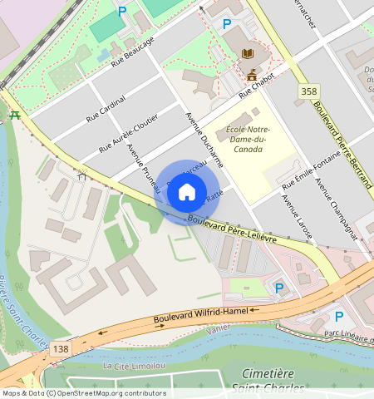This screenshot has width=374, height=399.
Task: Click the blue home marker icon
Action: (x=187, y=193)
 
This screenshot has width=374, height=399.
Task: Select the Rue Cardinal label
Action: (x=106, y=110)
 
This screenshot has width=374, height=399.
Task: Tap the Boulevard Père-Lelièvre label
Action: (x=241, y=229)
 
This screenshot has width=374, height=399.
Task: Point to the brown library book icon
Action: (x=247, y=54)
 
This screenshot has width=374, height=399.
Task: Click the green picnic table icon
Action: (x=14, y=116)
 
